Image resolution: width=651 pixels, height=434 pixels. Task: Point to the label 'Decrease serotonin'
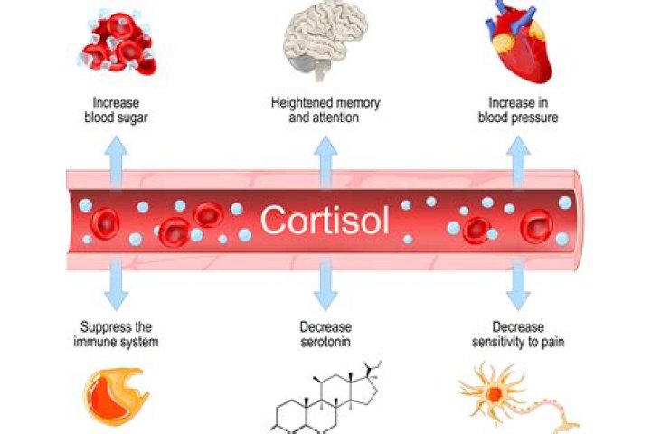pos(325,335)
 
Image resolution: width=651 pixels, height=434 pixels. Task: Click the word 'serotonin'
pos(325,342)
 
